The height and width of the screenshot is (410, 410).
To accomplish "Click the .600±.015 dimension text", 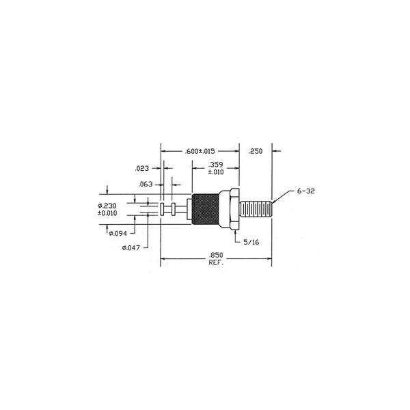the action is [200, 151].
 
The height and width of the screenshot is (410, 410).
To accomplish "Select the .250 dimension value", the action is [255, 151].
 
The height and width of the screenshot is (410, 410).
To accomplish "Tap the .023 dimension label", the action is [141, 168].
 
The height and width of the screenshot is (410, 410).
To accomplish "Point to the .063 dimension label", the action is [146, 184].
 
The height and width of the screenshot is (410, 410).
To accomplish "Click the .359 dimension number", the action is [216, 165].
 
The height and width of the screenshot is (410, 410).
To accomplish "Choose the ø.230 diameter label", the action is [107, 206].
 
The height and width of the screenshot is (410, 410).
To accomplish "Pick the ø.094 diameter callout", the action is [118, 234].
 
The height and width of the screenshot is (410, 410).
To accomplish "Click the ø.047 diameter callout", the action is [131, 247].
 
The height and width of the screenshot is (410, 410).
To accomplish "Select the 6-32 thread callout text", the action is [305, 191].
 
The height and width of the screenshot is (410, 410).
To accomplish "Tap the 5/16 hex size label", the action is [251, 243].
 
